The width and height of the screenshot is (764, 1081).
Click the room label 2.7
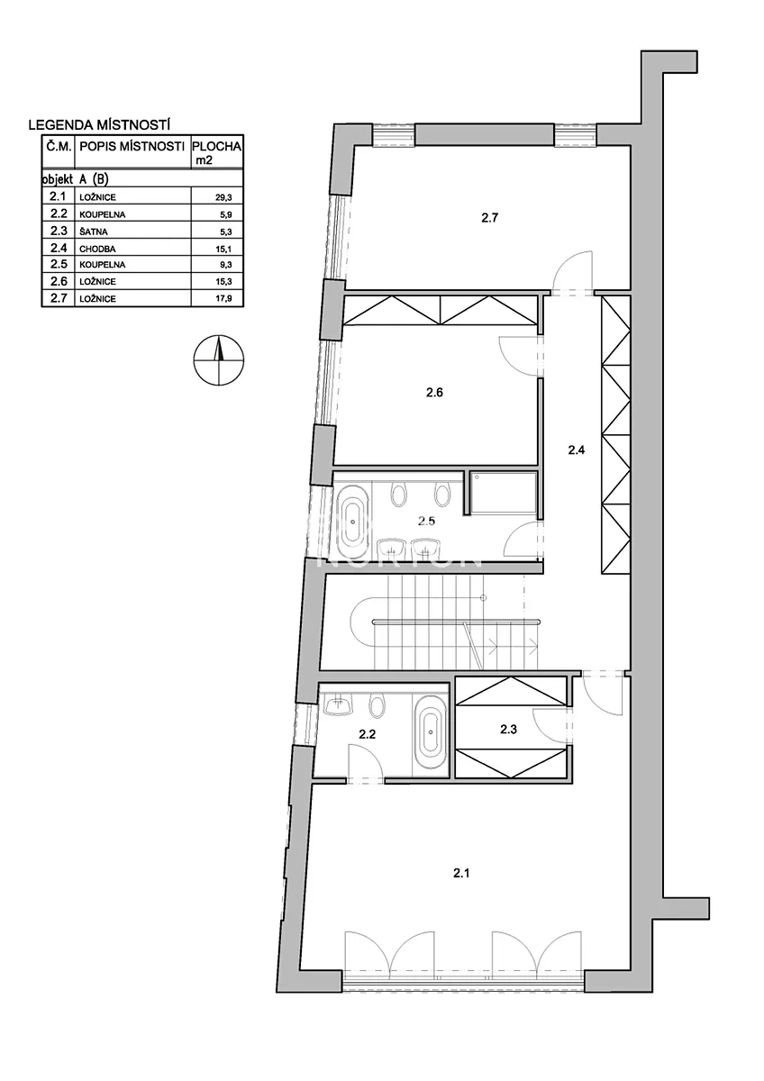tap(489, 218)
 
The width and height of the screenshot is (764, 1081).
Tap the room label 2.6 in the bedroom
tap(434, 393)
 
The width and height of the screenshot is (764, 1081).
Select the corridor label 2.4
tap(577, 450)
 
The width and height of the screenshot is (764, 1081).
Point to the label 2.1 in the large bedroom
tap(461, 873)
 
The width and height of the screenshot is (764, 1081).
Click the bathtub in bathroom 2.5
tap(353, 522)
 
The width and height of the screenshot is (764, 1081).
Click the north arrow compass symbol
tap(219, 360)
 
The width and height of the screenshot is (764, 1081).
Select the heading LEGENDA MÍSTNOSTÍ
tap(99, 125)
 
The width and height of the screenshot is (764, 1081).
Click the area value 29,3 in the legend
tap(223, 198)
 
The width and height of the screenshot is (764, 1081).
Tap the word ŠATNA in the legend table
tap(91, 232)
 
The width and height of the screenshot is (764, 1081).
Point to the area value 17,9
tap(223, 299)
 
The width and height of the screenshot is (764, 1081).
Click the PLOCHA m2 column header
tap(217, 152)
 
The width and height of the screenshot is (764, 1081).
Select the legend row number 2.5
tap(59, 265)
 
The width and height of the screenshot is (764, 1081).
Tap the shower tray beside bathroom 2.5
tap(504, 493)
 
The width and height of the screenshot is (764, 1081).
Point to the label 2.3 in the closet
tap(508, 729)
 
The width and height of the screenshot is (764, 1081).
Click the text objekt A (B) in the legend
tap(76, 179)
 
